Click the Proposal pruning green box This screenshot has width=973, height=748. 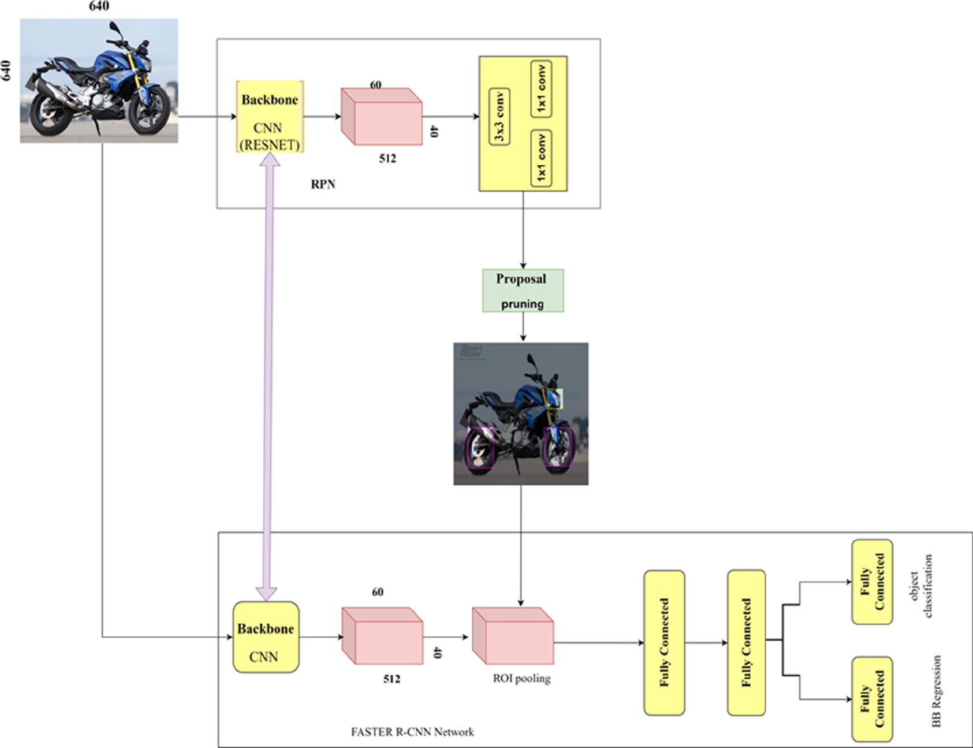pos(523,291)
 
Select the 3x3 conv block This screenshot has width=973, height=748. pos(499,117)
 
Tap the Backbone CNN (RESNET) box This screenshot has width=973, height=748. pos(270,117)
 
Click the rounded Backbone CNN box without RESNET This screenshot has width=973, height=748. pos(266,637)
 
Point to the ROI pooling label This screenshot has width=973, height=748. pos(521,678)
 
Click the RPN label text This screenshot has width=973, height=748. pos(323,184)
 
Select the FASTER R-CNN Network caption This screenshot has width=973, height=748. pos(412,732)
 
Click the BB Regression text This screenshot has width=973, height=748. pos(936,691)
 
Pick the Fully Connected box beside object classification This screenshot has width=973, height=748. pos(872,582)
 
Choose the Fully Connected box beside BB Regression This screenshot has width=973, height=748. pos(872,699)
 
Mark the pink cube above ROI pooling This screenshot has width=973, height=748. pos(513,635)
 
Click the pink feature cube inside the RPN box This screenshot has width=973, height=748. pos(381,116)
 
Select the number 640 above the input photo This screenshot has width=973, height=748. pos(99,6)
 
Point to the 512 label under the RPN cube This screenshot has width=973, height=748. pos(387,158)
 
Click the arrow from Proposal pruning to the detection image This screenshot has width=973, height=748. pos(523,328)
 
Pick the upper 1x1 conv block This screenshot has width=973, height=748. pos(541,88)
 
